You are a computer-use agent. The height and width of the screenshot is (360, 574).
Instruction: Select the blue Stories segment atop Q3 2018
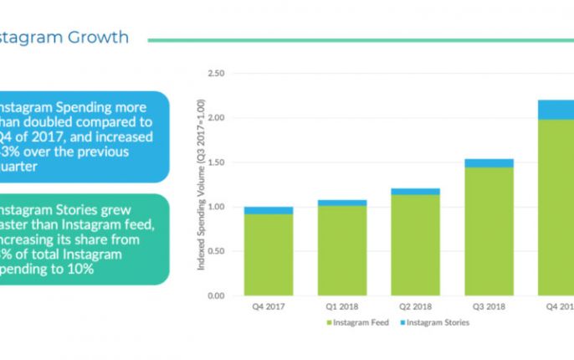[489, 163]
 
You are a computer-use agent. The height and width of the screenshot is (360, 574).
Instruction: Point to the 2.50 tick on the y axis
[215, 74]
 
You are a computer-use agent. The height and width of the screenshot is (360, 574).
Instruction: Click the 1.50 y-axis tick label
[215, 162]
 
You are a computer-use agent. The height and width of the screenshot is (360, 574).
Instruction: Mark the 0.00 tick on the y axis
[215, 296]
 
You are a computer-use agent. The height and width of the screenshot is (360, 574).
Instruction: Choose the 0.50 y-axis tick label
[215, 251]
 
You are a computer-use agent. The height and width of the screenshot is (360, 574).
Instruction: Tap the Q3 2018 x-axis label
[489, 306]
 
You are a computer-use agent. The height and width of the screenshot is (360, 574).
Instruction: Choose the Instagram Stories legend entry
[436, 322]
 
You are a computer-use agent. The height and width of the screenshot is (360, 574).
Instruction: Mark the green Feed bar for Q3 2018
[489, 231]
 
